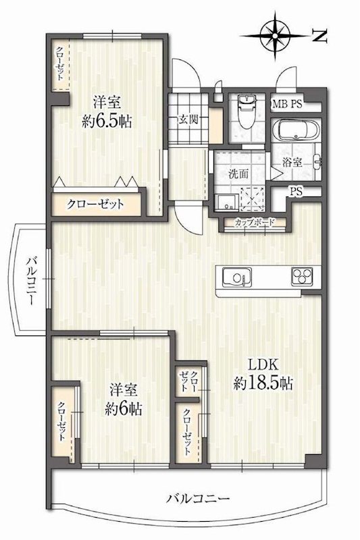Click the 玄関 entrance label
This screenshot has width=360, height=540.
[x=188, y=121]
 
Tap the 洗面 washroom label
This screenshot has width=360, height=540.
[x=238, y=173]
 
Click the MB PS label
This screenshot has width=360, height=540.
[x=287, y=104]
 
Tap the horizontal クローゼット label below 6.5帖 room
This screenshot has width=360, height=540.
[x=95, y=204]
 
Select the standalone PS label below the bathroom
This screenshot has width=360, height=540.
[x=295, y=191]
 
